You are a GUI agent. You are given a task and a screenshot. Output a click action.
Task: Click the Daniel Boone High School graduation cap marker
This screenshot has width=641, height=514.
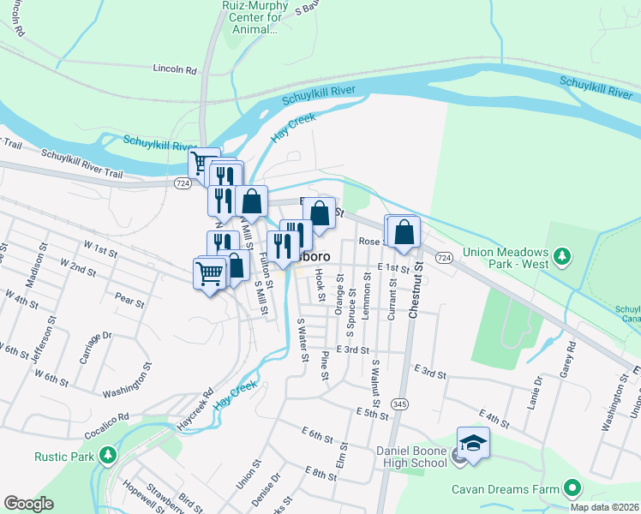472,443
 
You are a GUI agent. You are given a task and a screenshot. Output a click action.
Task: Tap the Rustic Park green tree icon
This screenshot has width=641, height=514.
107,454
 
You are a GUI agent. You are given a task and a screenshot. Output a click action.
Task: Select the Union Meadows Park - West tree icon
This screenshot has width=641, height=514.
562,256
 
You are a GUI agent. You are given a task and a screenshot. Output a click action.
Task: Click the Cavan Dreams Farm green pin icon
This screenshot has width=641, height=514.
572,489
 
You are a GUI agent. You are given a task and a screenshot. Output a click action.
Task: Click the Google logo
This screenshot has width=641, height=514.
28,504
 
